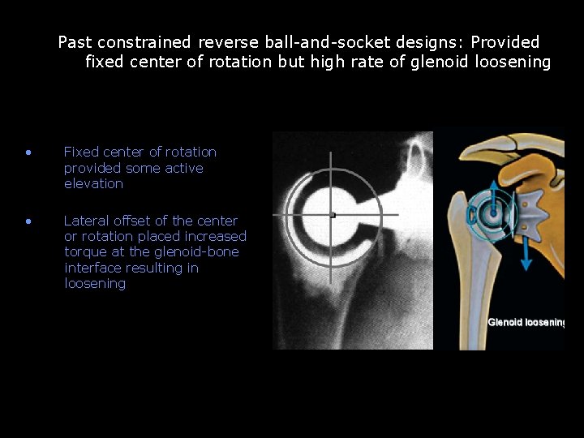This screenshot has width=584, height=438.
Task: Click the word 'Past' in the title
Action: (73, 42)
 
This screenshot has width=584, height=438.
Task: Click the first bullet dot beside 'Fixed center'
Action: (28, 152)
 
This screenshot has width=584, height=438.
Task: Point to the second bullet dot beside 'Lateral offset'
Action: (28, 221)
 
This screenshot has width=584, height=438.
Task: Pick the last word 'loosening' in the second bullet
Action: (95, 284)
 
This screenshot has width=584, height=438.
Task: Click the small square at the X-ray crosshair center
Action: (333, 215)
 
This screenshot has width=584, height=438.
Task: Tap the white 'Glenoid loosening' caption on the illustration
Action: (526, 323)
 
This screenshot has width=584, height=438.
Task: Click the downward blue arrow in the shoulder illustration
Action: (526, 251)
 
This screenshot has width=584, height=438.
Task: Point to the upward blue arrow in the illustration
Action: (489, 188)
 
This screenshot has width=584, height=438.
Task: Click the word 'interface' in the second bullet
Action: (91, 268)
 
